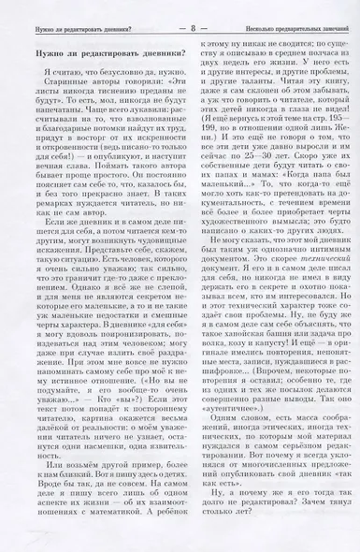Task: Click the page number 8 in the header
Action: pyautogui.click(x=179, y=11)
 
